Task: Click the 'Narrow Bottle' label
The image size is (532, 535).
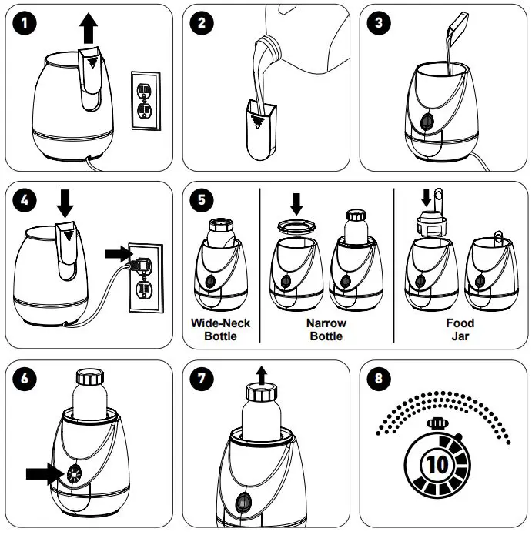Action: (327, 329)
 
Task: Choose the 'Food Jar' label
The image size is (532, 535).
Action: (460, 329)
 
